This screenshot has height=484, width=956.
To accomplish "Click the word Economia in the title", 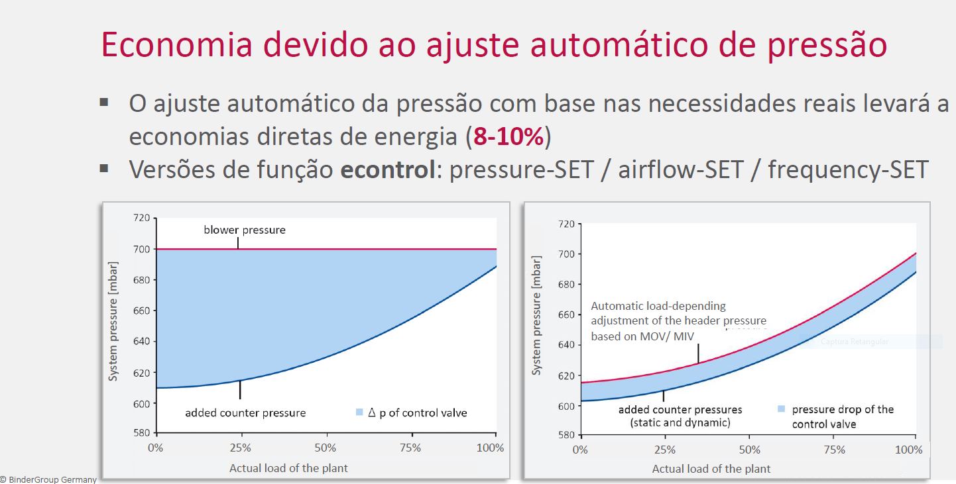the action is pos(177,44).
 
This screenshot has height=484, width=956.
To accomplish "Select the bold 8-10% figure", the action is pos(508,137).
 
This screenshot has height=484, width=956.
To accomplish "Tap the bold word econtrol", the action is pos(388,169).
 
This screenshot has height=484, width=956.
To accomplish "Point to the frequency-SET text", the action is pos(849,170).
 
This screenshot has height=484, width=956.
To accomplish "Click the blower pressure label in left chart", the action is pos(245,230).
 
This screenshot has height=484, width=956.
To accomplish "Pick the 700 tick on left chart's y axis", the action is pos(142,249).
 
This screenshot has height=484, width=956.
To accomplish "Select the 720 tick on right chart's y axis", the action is pos(566,224).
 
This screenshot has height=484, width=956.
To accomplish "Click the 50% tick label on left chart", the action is pos(326,448).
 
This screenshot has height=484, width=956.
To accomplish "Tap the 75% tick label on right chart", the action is pos(835,450).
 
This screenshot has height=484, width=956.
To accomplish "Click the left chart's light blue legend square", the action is pos(359,412).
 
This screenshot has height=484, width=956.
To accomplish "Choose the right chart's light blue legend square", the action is pos(782,409).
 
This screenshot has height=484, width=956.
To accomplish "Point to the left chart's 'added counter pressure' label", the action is pos(245,413).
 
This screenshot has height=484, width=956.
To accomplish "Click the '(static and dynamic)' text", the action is pos(680,422).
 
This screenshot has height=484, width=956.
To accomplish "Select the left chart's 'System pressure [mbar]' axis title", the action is pos(113,321).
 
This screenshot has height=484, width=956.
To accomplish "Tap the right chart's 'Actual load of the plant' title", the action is pos(711,469).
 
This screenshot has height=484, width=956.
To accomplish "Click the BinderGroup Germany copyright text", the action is pos(48,479).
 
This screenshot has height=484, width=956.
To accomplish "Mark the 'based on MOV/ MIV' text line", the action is pos(642,336).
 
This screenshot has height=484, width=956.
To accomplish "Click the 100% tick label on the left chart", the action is pos(490,448).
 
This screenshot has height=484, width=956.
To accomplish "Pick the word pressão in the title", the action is pos(827,45).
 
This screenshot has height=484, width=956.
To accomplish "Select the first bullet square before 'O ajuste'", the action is pos(103,103).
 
